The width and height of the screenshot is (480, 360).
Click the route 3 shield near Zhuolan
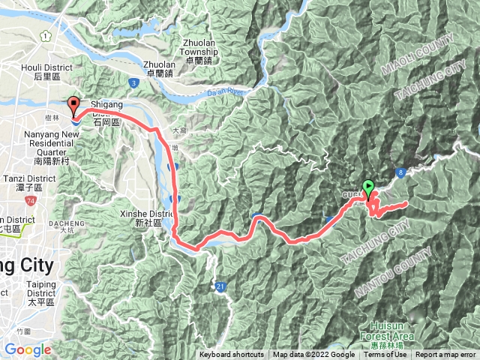133,82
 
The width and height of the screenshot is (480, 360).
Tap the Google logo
27,349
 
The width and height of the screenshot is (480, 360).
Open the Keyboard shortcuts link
232,355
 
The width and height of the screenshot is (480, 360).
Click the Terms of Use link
385,355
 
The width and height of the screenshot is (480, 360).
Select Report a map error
446,355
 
